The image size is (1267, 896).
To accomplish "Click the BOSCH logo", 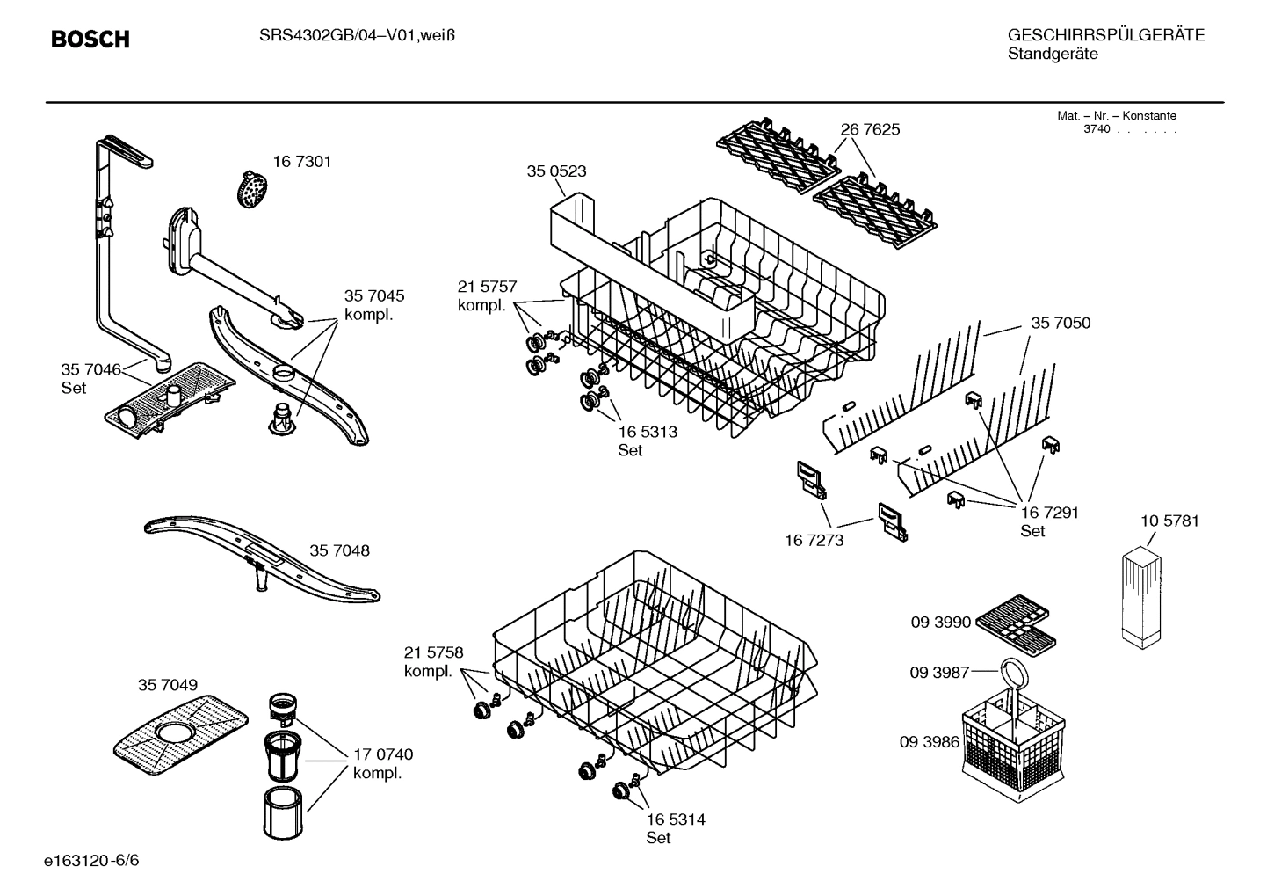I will [90, 40].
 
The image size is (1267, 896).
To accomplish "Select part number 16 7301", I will [301, 162].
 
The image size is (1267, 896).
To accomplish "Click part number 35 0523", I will [556, 171].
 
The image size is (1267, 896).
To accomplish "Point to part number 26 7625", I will [870, 129].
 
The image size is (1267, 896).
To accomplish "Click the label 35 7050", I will [1061, 324].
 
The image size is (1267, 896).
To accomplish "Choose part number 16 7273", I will [814, 540].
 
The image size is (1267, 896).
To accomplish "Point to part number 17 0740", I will [382, 754].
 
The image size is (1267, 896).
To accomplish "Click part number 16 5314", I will [675, 820].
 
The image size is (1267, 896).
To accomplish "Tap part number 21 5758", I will [433, 652].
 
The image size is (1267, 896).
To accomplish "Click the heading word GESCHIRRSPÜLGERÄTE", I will [1105, 35].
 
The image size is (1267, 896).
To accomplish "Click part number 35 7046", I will [90, 369].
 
